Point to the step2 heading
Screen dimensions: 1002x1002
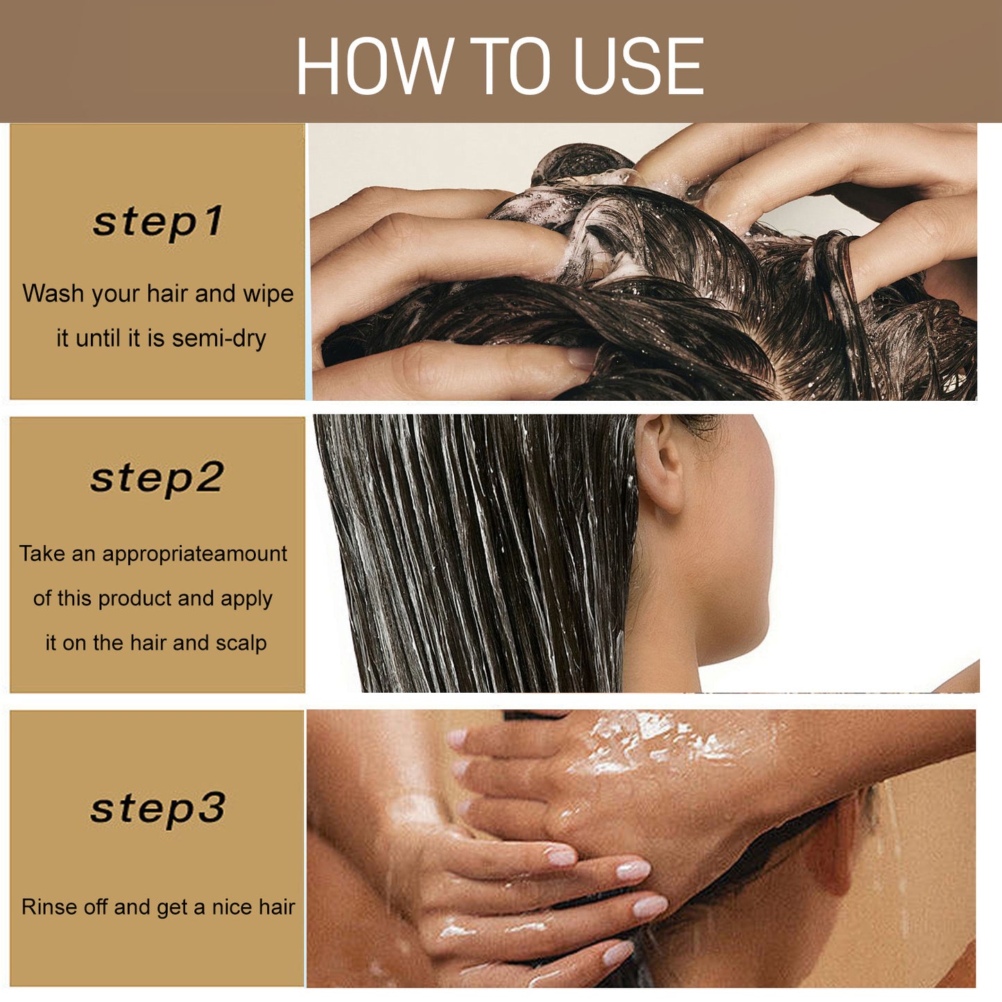(157, 478)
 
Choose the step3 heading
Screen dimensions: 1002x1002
(158, 809)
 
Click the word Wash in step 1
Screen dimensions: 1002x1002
(53, 293)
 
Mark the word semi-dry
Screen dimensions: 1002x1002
(219, 338)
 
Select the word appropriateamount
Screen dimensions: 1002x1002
(194, 554)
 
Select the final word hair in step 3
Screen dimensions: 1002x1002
(277, 907)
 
